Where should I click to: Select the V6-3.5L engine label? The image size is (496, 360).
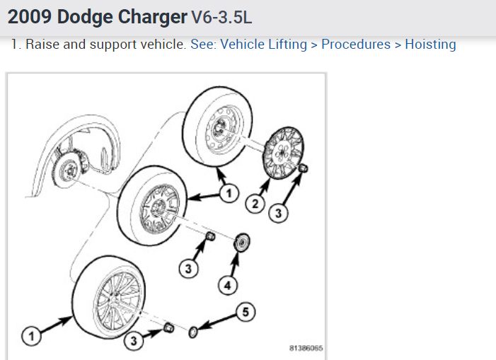coord(221,17)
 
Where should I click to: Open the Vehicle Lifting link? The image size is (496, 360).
coord(264,45)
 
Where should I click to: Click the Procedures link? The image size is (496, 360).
coord(356,45)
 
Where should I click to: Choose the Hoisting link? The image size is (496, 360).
coord(430,45)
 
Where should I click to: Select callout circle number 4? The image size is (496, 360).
coord(228,286)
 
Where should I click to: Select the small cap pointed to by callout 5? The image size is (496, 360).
coord(192,331)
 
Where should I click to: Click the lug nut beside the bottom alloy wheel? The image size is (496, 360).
coord(169,327)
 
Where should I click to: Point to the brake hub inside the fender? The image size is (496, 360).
coord(69,169)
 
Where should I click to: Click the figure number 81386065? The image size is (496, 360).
coord(306,349)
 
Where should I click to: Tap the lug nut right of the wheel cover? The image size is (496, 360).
coord(303,168)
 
